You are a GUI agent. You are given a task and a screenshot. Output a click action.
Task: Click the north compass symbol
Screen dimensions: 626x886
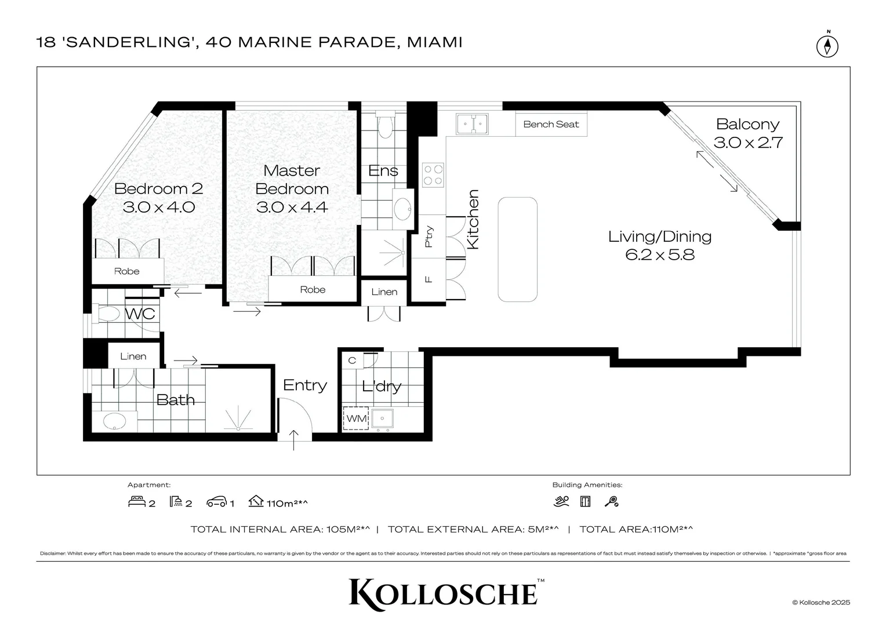coord(827,46)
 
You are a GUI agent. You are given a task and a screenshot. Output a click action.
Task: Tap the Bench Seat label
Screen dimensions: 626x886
coord(551,124)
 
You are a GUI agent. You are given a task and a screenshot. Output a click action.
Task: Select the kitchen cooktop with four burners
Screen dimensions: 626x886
coord(433,175)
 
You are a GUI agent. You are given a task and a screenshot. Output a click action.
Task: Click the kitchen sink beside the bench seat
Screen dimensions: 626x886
coord(472,124)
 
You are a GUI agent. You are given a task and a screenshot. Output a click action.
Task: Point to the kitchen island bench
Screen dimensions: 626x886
coord(518,249)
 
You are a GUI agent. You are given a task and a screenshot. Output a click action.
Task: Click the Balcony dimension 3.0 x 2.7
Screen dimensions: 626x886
coord(748,143)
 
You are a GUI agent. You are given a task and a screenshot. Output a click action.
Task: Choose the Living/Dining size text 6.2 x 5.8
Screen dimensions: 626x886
coord(660,254)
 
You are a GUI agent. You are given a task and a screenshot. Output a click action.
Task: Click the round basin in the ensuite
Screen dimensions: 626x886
coord(402,208)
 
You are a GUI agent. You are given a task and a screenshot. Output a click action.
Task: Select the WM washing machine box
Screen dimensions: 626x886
coord(356,418)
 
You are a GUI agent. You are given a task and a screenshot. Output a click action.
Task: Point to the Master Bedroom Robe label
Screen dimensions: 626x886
coord(313,290)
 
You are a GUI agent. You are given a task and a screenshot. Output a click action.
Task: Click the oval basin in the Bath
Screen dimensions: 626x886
coord(114,421)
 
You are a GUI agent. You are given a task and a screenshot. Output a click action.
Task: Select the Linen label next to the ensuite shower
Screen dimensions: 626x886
coord(384,292)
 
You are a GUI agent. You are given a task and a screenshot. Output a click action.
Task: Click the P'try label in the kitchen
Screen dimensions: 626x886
coord(429,236)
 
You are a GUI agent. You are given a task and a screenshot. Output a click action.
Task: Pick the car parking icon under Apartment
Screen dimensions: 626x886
coord(216,502)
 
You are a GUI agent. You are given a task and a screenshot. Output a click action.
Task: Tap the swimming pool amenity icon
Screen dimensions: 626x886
coord(561,502)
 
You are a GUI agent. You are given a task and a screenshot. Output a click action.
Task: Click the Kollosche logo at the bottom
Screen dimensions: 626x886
coord(444,592)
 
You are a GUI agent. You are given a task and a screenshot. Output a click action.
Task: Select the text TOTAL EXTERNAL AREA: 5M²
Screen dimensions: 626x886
coord(473,529)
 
